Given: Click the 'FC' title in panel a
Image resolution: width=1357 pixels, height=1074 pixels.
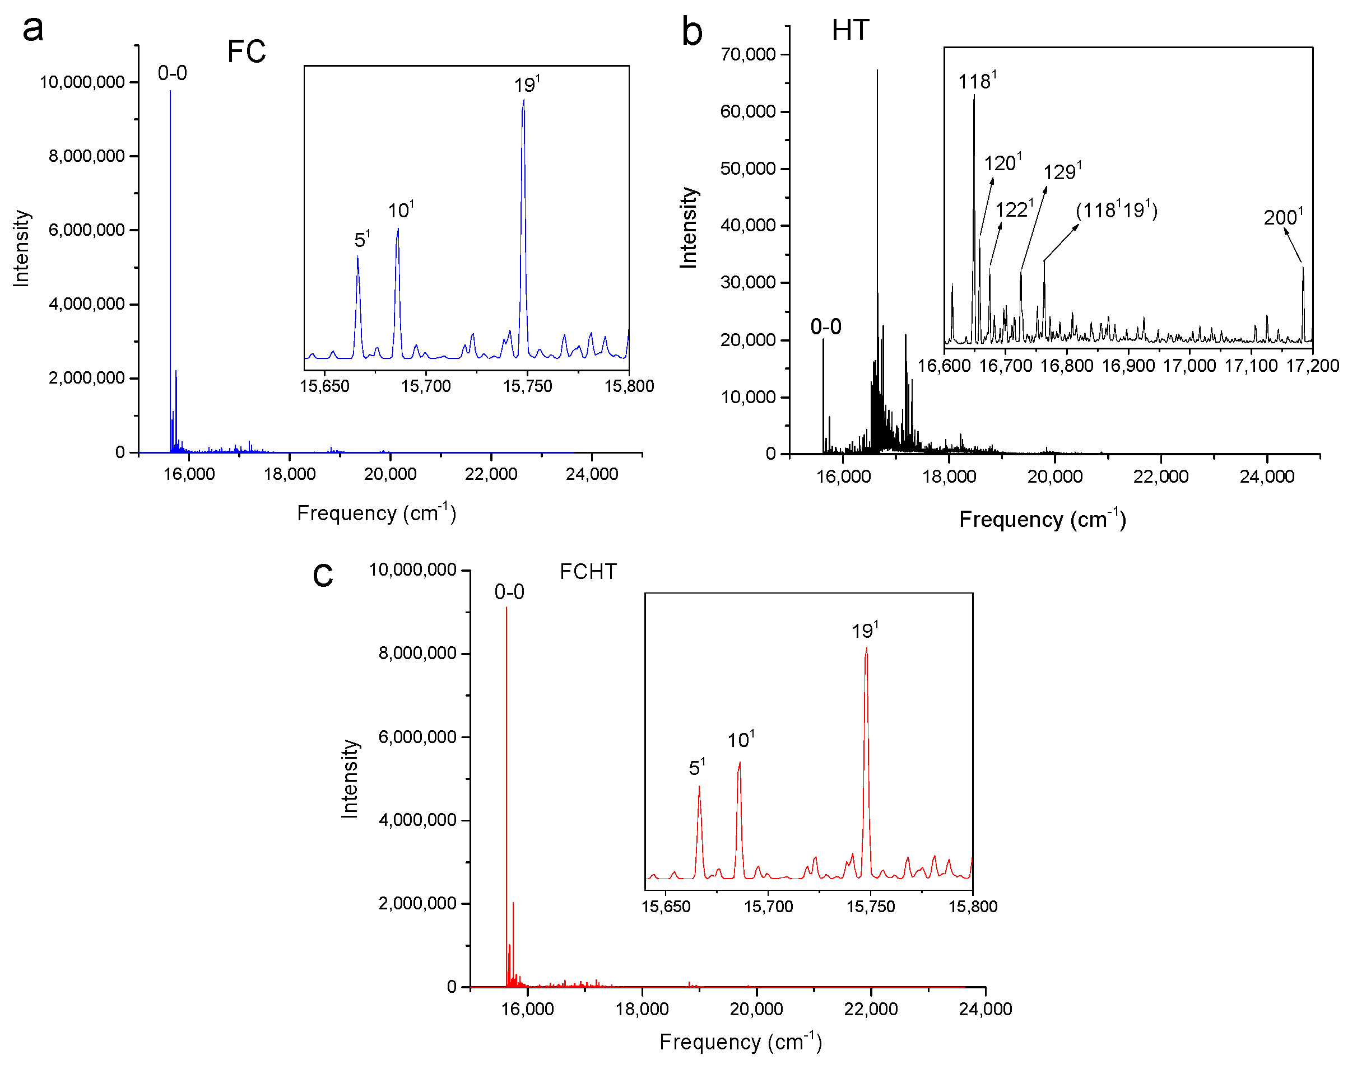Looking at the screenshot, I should [x=246, y=52].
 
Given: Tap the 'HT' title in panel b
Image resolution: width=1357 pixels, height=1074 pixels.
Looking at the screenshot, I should [x=850, y=30].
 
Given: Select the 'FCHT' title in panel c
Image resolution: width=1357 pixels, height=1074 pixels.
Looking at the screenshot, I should [x=588, y=572].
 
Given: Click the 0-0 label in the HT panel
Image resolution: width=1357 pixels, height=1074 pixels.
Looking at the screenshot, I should [x=825, y=327].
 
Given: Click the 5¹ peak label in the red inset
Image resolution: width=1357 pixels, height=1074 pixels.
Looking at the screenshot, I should [x=696, y=767].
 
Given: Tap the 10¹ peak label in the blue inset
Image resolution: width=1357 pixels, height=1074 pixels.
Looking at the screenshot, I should [x=400, y=210].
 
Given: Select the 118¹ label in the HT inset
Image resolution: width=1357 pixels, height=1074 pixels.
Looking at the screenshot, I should [x=977, y=81].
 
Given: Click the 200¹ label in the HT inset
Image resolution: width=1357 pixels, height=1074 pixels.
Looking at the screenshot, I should [x=1283, y=217].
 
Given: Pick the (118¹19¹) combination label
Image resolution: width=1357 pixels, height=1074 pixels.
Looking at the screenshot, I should [x=1116, y=209].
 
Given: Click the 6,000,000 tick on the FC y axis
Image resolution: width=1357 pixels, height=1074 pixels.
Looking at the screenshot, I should [x=86, y=230].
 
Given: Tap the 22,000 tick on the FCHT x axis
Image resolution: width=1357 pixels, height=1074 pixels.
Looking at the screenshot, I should [x=871, y=1009].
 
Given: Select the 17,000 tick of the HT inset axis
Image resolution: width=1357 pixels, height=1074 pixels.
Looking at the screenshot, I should [x=1189, y=365].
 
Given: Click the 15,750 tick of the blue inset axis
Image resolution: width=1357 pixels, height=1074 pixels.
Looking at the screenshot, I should [x=527, y=386].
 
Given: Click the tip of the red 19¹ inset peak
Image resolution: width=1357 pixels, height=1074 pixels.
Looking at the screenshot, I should [x=866, y=648].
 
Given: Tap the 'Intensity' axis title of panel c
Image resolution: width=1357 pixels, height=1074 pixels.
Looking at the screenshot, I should [x=349, y=778].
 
